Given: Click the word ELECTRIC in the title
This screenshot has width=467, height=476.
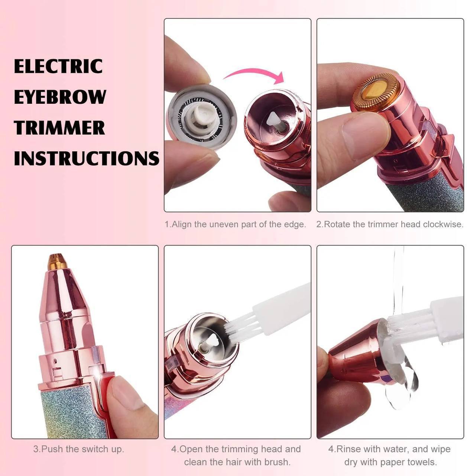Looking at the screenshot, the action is tap(58, 66).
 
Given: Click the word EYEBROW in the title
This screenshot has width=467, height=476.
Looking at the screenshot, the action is tap(60, 97).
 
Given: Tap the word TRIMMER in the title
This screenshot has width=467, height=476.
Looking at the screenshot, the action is tap(59, 128).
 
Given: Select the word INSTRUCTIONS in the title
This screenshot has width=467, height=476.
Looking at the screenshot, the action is tap(87, 158).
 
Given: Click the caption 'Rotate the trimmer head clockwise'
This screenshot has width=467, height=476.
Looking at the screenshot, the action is tap(390, 224).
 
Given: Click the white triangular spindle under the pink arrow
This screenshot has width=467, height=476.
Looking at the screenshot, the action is tap(275, 120).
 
